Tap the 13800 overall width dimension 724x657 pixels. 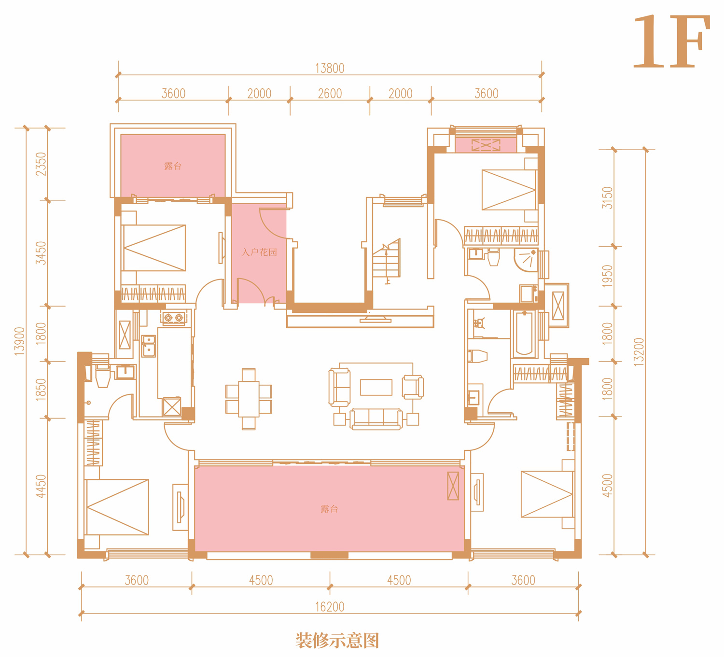click(330, 68)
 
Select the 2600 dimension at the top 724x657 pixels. click(330, 94)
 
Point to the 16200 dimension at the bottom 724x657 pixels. click(330, 607)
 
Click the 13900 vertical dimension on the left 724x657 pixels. click(20, 341)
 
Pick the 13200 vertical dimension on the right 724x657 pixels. click(639, 352)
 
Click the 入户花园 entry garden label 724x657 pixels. click(259, 252)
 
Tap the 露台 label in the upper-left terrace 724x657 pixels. click(172, 166)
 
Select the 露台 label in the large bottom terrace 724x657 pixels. click(329, 509)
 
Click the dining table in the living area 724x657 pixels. click(249, 399)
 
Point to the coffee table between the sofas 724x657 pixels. click(376, 387)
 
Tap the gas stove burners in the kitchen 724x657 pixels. click(174, 318)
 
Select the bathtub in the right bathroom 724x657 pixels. click(524, 334)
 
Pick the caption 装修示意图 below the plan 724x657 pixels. click(337, 641)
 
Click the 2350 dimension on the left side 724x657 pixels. click(42, 164)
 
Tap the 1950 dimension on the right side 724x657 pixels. click(608, 276)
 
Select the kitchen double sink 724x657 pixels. click(148, 346)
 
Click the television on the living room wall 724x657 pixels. click(376, 320)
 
